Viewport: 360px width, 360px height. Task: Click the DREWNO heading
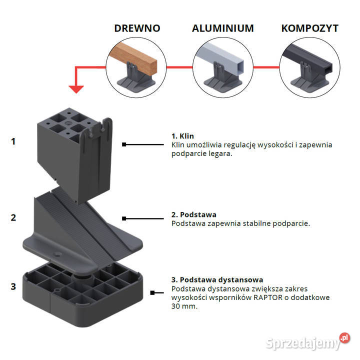pyautogui.click(x=137, y=28)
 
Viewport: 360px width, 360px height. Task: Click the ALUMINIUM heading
pyautogui.click(x=222, y=28)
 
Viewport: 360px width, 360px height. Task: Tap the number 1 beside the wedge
pyautogui.click(x=13, y=141)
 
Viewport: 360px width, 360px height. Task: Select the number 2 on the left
pyautogui.click(x=13, y=217)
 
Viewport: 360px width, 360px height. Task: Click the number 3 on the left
pyautogui.click(x=13, y=286)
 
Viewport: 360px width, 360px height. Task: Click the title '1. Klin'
pyautogui.click(x=182, y=136)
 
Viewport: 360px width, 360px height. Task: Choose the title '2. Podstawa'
pyautogui.click(x=194, y=215)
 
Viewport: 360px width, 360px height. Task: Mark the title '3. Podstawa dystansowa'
pyautogui.click(x=217, y=279)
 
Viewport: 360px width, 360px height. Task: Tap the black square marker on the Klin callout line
pyautogui.click(x=123, y=144)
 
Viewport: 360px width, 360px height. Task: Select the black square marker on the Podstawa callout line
pyautogui.click(x=123, y=218)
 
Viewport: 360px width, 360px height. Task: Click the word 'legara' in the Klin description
pyautogui.click(x=220, y=153)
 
